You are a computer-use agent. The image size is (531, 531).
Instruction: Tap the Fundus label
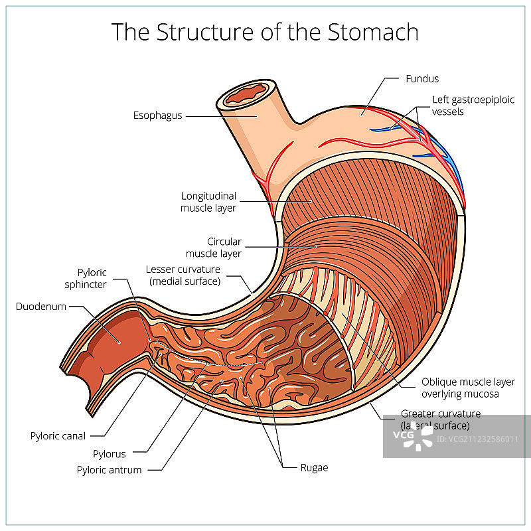tap(422, 78)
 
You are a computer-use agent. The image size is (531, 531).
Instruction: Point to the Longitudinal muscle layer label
tap(208, 202)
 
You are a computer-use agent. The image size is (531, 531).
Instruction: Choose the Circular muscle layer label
tap(214, 248)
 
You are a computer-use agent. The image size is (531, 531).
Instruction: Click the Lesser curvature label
tap(183, 275)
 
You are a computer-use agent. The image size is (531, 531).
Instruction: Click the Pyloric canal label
tap(58, 436)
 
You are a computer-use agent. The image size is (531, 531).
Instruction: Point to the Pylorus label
tap(110, 454)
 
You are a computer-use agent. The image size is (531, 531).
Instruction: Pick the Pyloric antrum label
tap(110, 470)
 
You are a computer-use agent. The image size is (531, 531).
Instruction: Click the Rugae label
tap(314, 467)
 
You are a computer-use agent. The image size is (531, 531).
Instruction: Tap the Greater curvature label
tap(440, 419)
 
